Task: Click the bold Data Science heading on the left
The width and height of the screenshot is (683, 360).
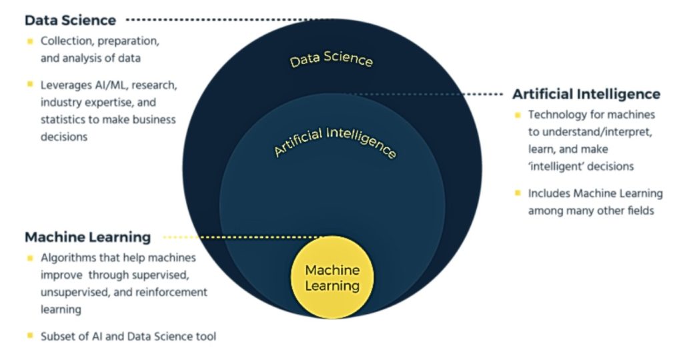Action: pyautogui.click(x=70, y=20)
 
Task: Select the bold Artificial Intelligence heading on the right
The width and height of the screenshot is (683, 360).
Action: pyautogui.click(x=586, y=94)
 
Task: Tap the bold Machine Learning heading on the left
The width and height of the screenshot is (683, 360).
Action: pyautogui.click(x=87, y=237)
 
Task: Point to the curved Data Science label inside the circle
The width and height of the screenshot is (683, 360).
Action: pyautogui.click(x=331, y=59)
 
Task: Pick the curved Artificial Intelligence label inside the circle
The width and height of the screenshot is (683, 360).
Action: pyautogui.click(x=335, y=141)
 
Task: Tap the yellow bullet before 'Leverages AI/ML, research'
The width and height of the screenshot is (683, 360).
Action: pyautogui.click(x=30, y=85)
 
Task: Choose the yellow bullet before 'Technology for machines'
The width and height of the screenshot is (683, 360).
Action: pyautogui.click(x=518, y=115)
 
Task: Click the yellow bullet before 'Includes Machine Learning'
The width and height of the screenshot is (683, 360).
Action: pyautogui.click(x=518, y=193)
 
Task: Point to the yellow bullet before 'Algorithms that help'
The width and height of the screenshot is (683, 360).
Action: pyautogui.click(x=30, y=257)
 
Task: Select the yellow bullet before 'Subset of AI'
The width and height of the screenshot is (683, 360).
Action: pyautogui.click(x=30, y=336)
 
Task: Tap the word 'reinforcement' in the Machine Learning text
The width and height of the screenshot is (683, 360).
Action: pyautogui.click(x=174, y=292)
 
